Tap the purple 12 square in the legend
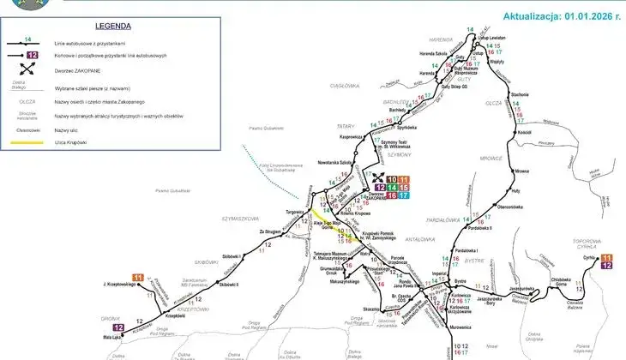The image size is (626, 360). click(x=32, y=56)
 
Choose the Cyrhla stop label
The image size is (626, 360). click(x=589, y=256)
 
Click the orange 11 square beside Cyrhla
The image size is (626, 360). click(x=608, y=257)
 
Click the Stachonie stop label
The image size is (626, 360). click(x=520, y=93)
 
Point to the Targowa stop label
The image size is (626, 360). click(x=295, y=210)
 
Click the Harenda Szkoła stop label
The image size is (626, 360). click(x=434, y=54)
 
